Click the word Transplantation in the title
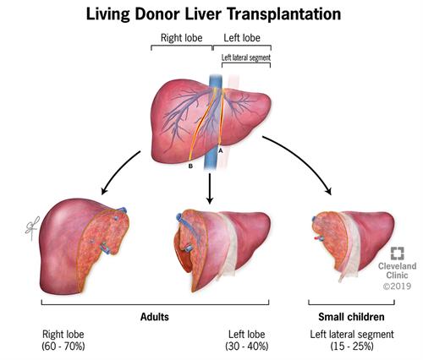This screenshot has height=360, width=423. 284,14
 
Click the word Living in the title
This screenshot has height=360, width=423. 108,14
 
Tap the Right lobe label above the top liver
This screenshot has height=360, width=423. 181,38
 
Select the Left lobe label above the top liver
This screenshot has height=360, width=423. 242,38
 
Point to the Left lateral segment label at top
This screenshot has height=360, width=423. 246,57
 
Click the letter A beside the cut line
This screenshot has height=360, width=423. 221,150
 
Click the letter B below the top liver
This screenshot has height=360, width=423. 190,166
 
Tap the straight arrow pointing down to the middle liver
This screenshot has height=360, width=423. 210,188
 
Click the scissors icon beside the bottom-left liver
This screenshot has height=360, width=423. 32,228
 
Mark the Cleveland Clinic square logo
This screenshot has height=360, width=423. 398,254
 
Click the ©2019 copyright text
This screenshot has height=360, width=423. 397,286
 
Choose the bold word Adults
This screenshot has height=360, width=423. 155,317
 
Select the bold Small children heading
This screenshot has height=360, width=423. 351,317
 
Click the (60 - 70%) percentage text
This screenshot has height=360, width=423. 63,346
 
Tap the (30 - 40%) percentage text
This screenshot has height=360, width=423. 247,346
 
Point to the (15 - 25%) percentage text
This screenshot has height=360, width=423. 352,346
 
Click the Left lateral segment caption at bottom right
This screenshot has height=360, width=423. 352,335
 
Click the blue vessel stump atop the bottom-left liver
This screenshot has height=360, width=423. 122,210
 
